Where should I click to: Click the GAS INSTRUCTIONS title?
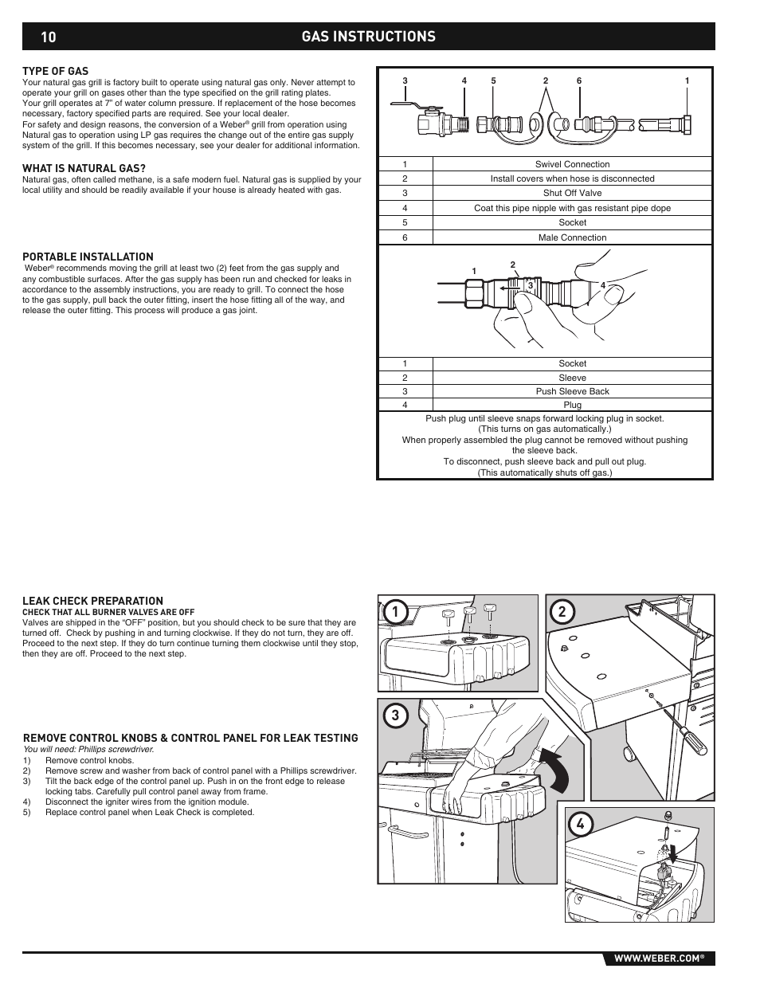(x=369, y=37)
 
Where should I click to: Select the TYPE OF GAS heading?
(x=55, y=71)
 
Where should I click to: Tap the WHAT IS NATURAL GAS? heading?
(x=84, y=168)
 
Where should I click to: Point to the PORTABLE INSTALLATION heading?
(x=88, y=257)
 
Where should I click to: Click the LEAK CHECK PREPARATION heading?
(x=92, y=601)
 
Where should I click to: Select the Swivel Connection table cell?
(x=572, y=164)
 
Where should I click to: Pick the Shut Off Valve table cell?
(x=572, y=193)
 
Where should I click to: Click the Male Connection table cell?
(x=572, y=237)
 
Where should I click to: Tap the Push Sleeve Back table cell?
(x=572, y=391)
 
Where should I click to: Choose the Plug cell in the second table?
(x=572, y=405)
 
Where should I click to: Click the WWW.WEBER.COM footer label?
(x=658, y=959)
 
